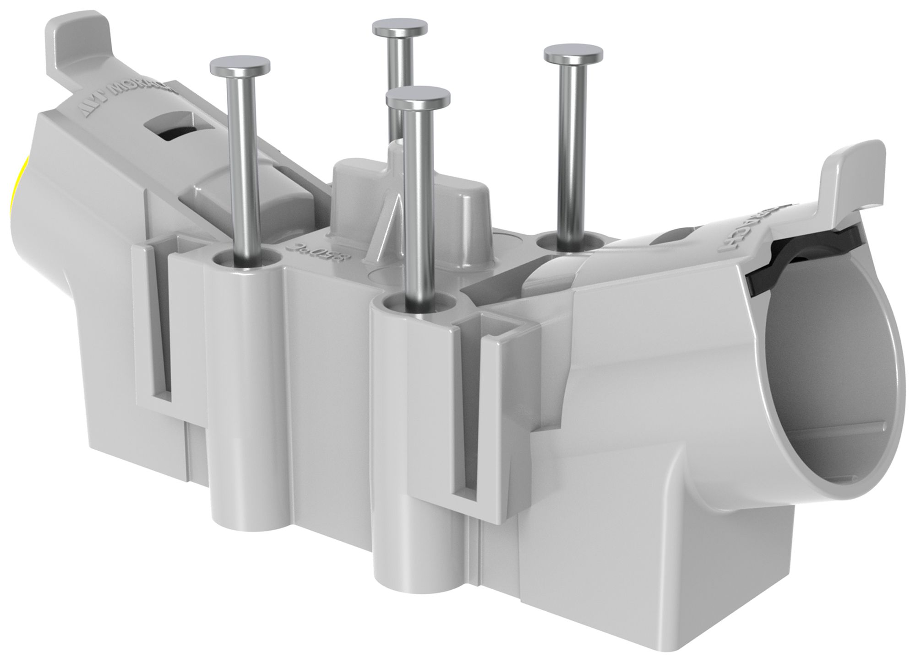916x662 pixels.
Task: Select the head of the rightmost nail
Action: pyautogui.click(x=573, y=54)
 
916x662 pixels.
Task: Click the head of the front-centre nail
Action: pyautogui.click(x=418, y=97)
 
